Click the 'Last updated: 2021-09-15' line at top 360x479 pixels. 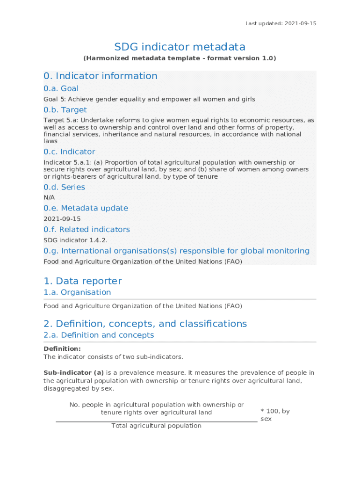pos(281,23)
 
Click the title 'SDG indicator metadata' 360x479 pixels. pos(180,47)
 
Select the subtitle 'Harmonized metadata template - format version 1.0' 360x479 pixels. pos(180,58)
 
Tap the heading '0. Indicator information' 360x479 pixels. pos(101,76)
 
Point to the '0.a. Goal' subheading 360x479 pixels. pos(61,88)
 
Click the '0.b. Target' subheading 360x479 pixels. pos(65,110)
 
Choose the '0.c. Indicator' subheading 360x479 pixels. pos(69,152)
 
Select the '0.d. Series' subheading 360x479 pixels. pos(64,187)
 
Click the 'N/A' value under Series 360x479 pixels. pos(49,197)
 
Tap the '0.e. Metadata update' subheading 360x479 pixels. pos(86,208)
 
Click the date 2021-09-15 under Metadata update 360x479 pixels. pos(62,218)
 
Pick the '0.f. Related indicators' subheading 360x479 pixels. pos(86,229)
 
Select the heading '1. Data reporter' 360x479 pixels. pos(82,281)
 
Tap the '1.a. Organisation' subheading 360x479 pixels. pos(77,292)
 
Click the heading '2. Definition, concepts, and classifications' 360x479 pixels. pos(145,324)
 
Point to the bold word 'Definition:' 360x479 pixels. pos(62,348)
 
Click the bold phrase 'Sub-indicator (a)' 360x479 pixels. pos(73,373)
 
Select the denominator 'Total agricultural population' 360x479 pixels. pos(156,426)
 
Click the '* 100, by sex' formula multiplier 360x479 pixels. pos(275,415)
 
